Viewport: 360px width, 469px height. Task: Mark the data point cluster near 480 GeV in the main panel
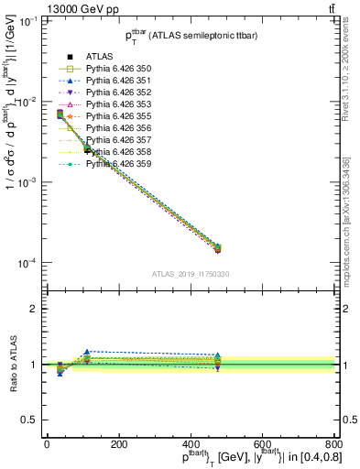(x=217, y=247)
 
